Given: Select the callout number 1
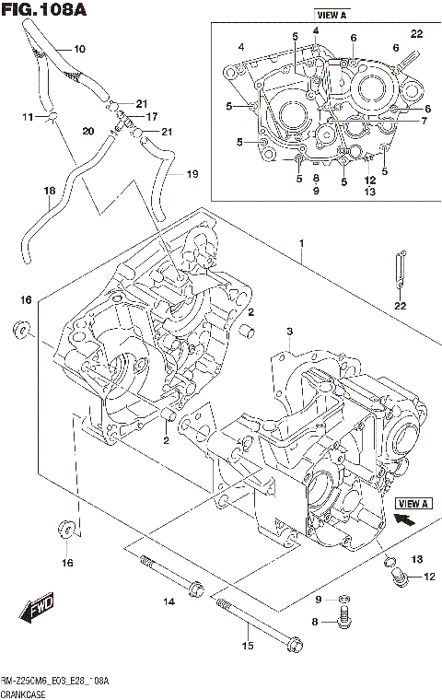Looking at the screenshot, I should [x=301, y=243].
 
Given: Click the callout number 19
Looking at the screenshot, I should [x=192, y=173].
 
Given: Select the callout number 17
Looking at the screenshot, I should [x=152, y=116].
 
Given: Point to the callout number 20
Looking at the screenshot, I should [x=87, y=131].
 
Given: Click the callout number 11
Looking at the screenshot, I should [x=28, y=117].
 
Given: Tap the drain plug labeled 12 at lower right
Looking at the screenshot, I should [x=399, y=577].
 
